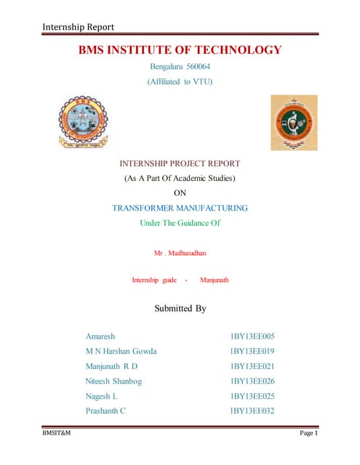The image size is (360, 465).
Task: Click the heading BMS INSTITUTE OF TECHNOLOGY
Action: pos(180,50)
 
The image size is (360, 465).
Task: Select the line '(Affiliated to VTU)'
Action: pos(180,82)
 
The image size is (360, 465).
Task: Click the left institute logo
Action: pos(83,123)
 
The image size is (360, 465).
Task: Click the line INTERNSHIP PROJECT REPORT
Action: pos(180,163)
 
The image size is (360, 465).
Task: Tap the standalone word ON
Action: pos(180,193)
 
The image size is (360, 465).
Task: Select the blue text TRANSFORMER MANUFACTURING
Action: pos(180,208)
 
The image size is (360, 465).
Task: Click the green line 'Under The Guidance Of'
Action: pos(180,222)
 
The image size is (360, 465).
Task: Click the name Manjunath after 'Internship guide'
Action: pos(214,280)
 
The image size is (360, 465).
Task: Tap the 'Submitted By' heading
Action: pos(180,309)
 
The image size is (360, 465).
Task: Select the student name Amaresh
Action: pos(100,336)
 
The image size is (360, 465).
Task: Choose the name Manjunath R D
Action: pos(111,366)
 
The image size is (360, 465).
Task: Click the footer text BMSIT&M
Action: pos(55,434)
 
